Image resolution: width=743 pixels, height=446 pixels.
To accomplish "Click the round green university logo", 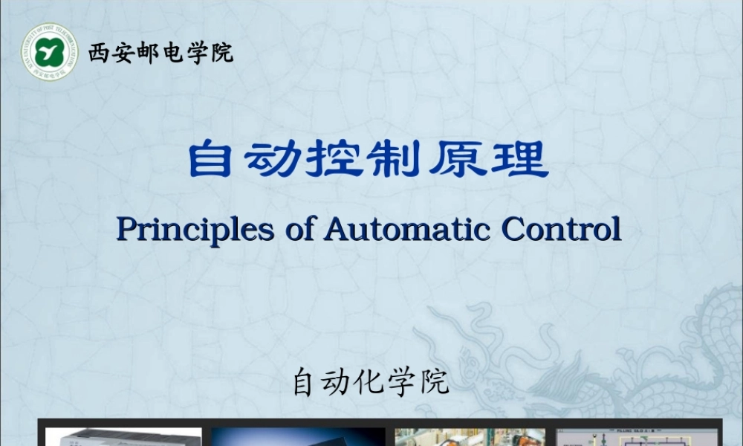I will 49,52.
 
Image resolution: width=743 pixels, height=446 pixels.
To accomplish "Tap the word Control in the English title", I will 562,230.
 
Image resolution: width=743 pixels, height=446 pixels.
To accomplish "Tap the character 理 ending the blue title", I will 525,160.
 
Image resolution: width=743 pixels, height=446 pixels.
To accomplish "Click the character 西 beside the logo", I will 98,54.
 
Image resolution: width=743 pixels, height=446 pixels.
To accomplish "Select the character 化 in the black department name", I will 369,383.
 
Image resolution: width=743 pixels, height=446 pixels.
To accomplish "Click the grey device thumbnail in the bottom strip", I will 123,436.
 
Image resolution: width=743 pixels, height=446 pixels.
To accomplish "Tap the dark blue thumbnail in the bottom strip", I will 297,436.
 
